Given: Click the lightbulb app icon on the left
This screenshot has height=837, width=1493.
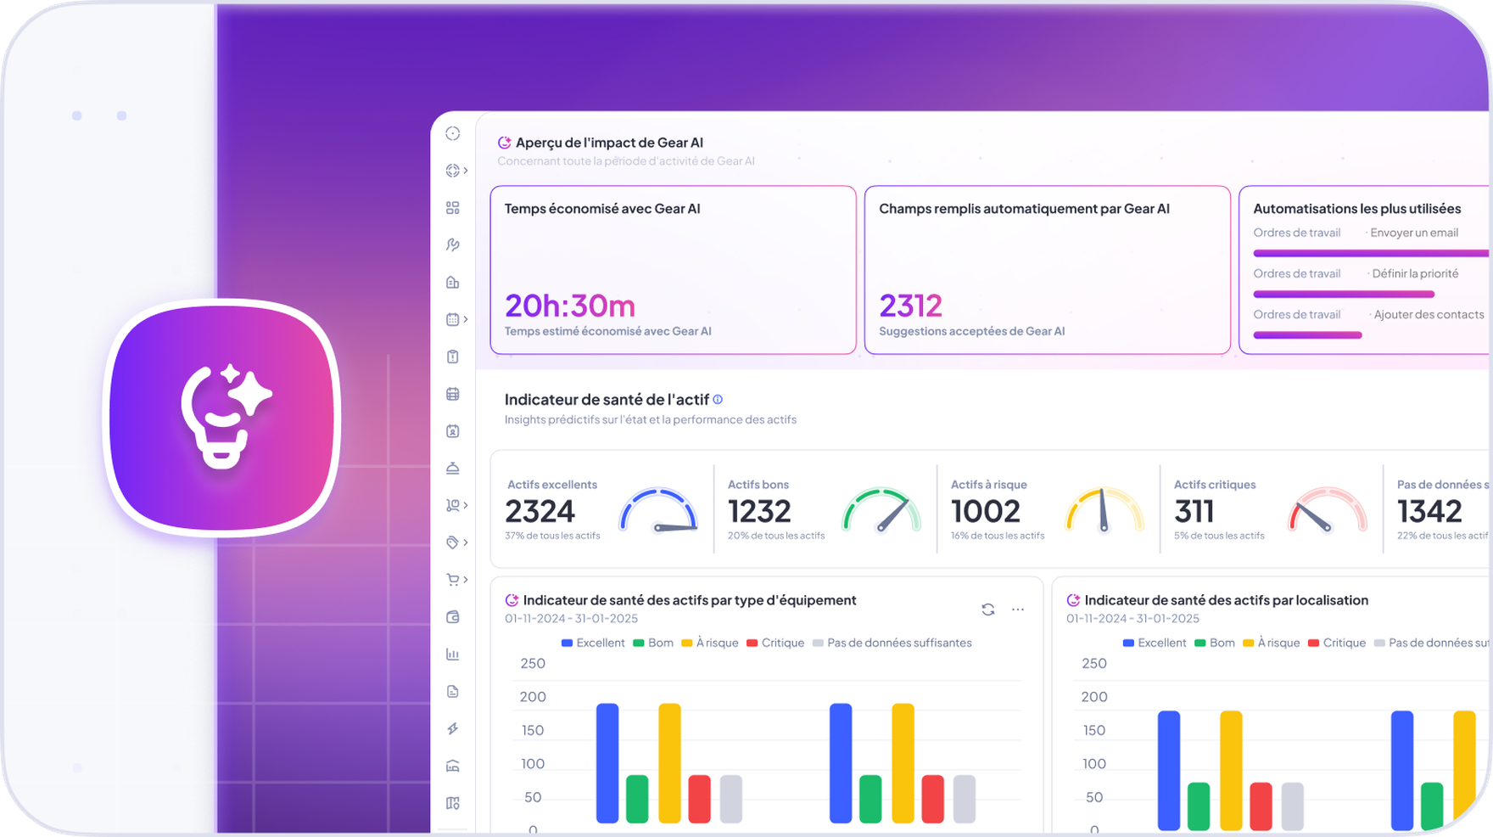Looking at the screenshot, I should [x=222, y=417].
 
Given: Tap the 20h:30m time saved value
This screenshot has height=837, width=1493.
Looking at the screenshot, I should [x=569, y=306].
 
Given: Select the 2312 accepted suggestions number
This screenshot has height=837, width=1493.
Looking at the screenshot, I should [x=910, y=306].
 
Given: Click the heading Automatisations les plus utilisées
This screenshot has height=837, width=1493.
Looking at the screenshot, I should [x=1356, y=209].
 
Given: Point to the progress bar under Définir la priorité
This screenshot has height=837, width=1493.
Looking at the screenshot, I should [x=1343, y=295].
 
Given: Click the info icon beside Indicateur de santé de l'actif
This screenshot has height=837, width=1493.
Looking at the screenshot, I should [x=718, y=399].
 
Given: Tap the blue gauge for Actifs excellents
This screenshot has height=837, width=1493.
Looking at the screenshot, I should [x=658, y=511].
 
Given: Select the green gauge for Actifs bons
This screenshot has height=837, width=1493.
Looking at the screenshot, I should [x=881, y=511].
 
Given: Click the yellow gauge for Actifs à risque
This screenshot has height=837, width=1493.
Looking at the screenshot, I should [x=1104, y=511].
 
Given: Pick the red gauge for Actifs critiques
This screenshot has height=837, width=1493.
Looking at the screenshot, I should [x=1327, y=511].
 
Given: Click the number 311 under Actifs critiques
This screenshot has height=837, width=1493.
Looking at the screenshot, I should [x=1194, y=511].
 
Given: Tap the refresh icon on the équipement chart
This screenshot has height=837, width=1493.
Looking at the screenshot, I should [x=987, y=609].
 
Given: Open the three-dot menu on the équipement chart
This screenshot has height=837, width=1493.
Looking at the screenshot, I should [x=1018, y=609].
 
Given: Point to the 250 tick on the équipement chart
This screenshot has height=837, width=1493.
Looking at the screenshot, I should [x=533, y=663].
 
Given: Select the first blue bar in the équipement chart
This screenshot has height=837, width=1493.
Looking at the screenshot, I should [x=607, y=762].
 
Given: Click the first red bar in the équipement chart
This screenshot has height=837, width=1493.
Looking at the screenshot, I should [x=699, y=798].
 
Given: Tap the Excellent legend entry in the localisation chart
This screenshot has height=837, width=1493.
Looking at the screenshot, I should [x=1154, y=643].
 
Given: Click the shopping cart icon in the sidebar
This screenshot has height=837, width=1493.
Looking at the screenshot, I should [x=453, y=580].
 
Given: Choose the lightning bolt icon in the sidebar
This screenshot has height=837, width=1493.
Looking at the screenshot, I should [x=453, y=728].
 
